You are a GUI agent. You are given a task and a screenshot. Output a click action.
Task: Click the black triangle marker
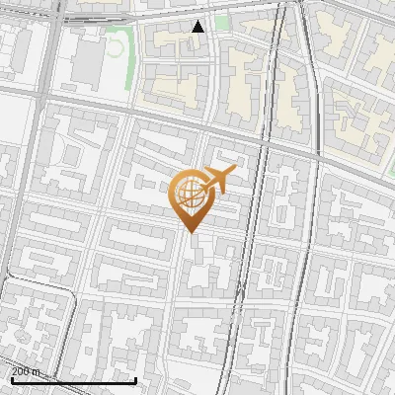(198, 27)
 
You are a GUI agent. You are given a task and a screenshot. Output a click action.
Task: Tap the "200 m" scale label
(26, 371)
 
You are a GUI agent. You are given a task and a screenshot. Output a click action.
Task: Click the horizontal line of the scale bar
(73, 380)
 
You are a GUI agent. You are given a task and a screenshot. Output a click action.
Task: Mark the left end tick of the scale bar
(12, 378)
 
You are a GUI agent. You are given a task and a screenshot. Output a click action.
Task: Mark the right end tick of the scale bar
(135, 378)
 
